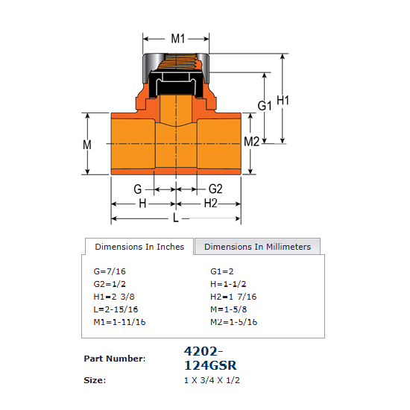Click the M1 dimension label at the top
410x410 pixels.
178,39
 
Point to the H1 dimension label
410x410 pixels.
283,101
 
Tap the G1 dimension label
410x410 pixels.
265,106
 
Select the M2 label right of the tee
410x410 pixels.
251,142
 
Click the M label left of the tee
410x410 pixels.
87,145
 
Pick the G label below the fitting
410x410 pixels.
138,189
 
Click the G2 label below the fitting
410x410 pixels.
215,189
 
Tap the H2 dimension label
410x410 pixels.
211,204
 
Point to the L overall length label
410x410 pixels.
176,218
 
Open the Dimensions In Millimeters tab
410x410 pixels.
258,247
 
